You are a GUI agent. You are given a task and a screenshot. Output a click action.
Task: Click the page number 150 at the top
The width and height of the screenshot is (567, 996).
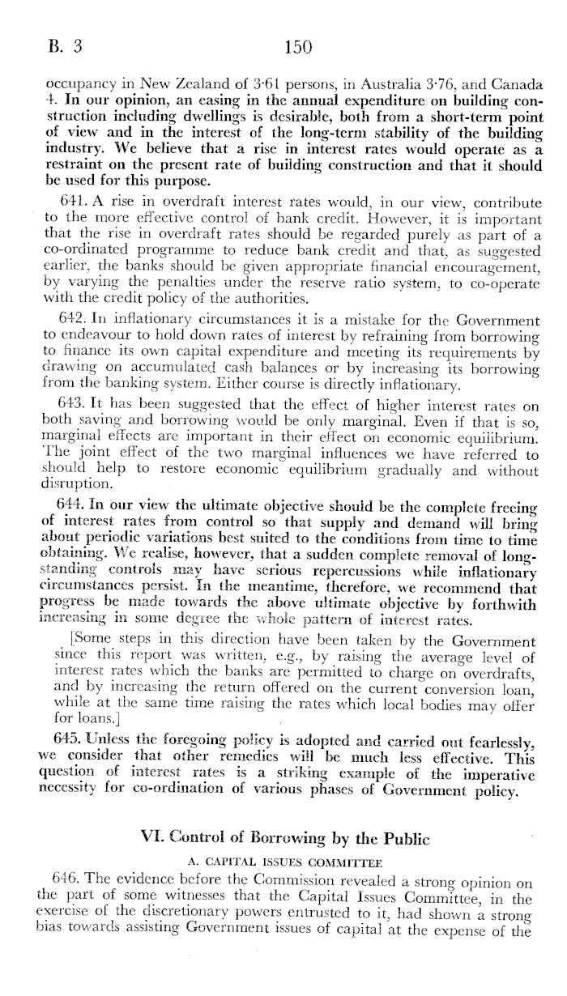pyautogui.click(x=299, y=47)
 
